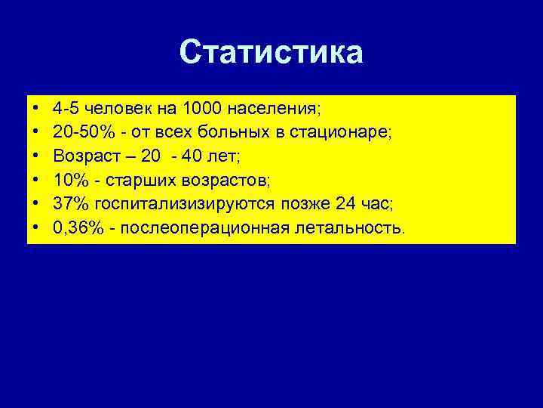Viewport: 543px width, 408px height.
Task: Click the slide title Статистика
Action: [271, 53]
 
